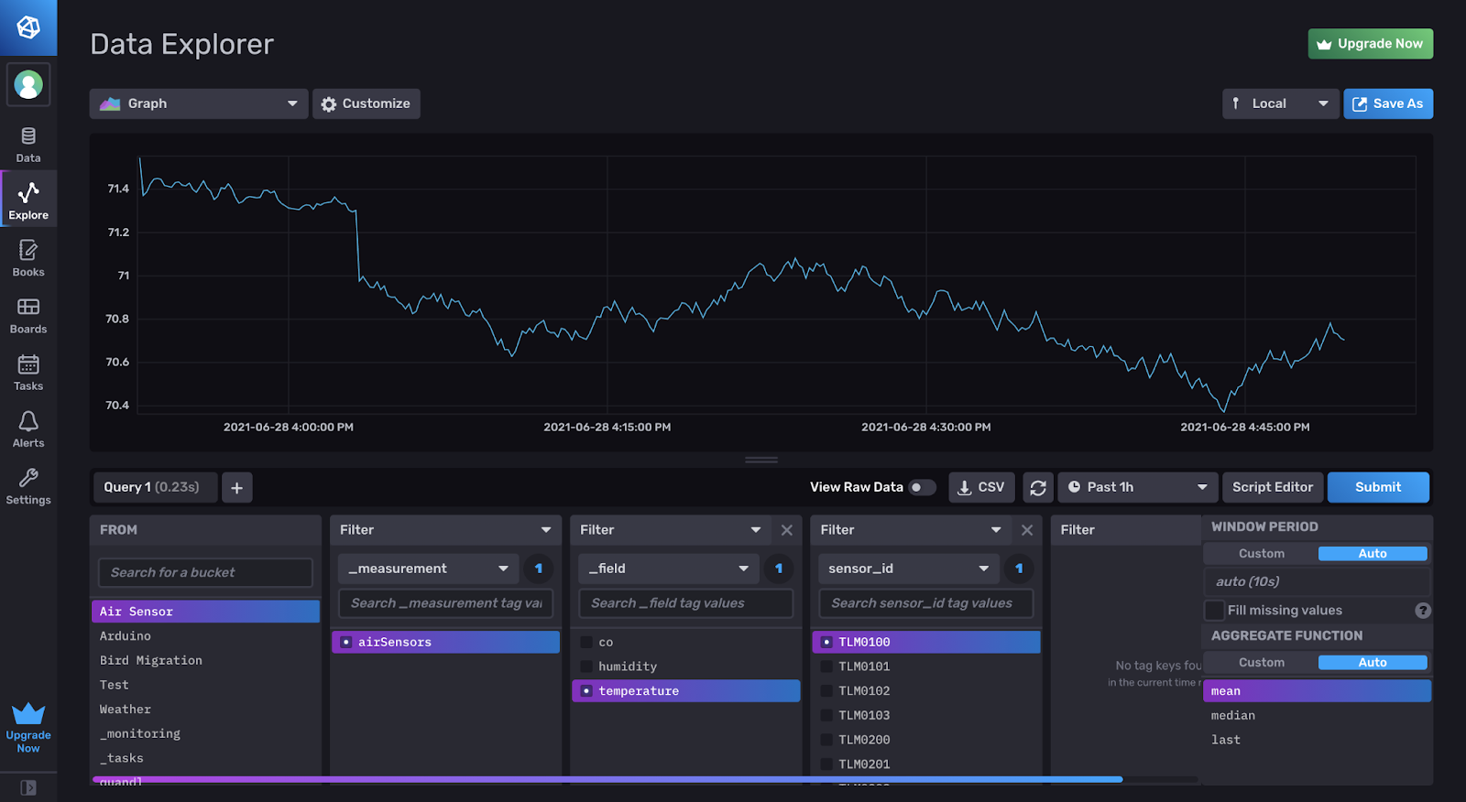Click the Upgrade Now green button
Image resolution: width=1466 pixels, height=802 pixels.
[1370, 44]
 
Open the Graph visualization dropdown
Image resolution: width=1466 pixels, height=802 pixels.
[199, 103]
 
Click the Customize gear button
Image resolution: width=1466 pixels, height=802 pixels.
[366, 103]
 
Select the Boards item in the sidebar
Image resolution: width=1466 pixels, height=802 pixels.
[28, 315]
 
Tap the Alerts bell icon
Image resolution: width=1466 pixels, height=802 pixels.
[28, 422]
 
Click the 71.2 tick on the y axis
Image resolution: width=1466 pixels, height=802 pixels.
[118, 233]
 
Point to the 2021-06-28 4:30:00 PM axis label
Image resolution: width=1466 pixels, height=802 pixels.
[925, 428]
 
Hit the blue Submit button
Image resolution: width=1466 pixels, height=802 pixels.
[1377, 487]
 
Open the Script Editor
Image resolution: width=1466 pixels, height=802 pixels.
[1272, 487]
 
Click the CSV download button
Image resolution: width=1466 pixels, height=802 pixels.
[980, 487]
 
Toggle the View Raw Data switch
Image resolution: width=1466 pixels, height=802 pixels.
[921, 487]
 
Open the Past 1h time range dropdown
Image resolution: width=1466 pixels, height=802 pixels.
[1137, 487]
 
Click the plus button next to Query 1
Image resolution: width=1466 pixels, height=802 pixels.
[236, 488]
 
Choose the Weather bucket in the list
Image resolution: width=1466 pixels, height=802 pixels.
[126, 710]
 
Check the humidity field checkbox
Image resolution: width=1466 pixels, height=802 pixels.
[586, 667]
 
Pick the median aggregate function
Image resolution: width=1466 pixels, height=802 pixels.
[1233, 716]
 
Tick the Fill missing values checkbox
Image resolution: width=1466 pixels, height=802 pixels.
[1215, 611]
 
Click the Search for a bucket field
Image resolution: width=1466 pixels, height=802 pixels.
[205, 572]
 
